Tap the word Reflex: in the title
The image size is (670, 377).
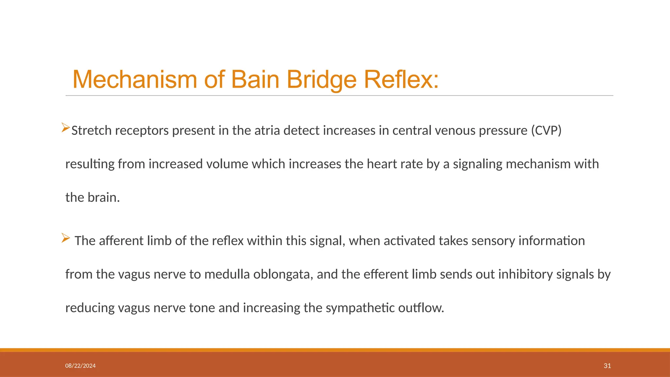coord(401,80)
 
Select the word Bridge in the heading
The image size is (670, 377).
coord(322,80)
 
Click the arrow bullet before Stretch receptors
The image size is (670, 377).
coord(65,127)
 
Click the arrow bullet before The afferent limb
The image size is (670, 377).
coord(65,238)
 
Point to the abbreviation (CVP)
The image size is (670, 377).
coord(546,131)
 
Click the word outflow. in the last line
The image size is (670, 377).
coord(421,308)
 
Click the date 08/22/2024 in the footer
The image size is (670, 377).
coord(80,366)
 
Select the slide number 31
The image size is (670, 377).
coord(607,366)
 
